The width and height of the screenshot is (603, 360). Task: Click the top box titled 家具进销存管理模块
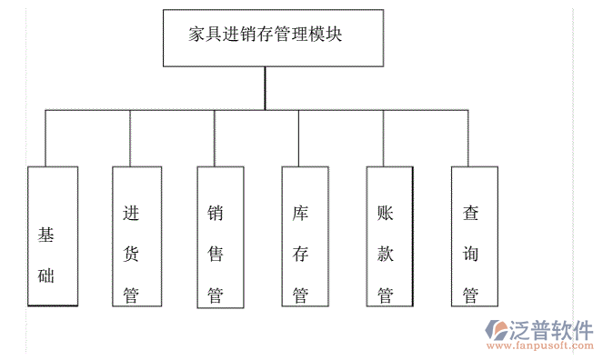point(265,37)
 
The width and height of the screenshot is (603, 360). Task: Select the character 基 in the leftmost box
point(46,235)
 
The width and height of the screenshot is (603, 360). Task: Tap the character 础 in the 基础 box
point(46,275)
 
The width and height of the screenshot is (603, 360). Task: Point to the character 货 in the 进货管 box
point(131,254)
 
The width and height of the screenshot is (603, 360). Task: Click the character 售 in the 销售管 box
point(216,254)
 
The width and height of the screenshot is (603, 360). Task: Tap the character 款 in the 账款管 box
point(385,254)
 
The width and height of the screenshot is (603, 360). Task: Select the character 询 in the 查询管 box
point(470,254)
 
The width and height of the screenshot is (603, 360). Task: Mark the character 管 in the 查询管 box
point(470,295)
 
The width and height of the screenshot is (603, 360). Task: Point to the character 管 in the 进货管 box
point(131,295)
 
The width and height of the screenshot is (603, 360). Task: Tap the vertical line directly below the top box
point(265,88)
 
